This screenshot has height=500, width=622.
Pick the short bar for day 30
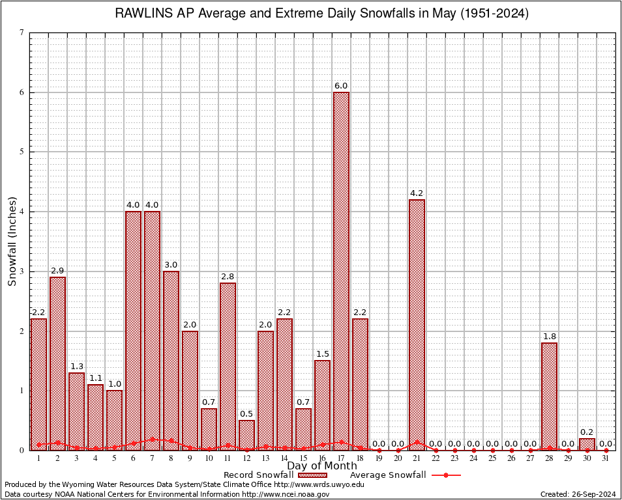click(x=587, y=444)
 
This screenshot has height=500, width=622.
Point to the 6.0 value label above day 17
click(x=341, y=86)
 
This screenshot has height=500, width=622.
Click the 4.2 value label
click(x=417, y=193)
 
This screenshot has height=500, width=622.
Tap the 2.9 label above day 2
click(x=57, y=271)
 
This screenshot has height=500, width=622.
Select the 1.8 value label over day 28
click(x=549, y=337)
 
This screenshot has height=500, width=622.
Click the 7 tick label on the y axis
click(x=22, y=33)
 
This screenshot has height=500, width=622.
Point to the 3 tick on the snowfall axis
click(x=22, y=271)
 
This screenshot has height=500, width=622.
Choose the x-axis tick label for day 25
click(x=492, y=458)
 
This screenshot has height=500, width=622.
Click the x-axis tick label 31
click(x=606, y=458)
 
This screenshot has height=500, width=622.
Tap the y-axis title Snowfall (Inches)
click(x=12, y=241)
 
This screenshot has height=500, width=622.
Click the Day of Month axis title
click(x=321, y=466)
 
